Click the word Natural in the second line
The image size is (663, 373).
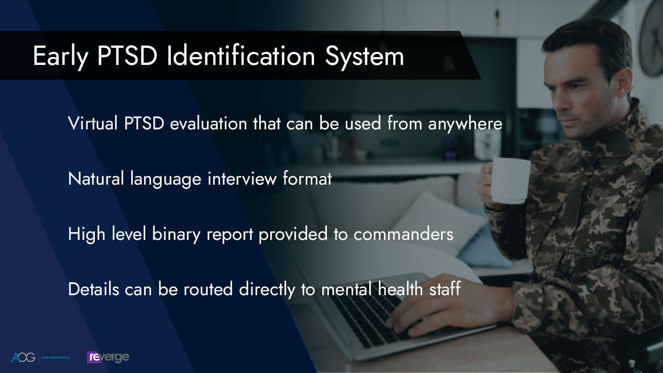click(96, 179)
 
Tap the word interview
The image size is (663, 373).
click(242, 179)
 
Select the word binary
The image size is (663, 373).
click(177, 234)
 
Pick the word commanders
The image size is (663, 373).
click(403, 234)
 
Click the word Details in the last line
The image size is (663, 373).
click(92, 289)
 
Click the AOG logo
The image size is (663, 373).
click(23, 357)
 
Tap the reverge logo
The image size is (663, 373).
click(108, 357)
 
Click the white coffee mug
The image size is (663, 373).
click(511, 180)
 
